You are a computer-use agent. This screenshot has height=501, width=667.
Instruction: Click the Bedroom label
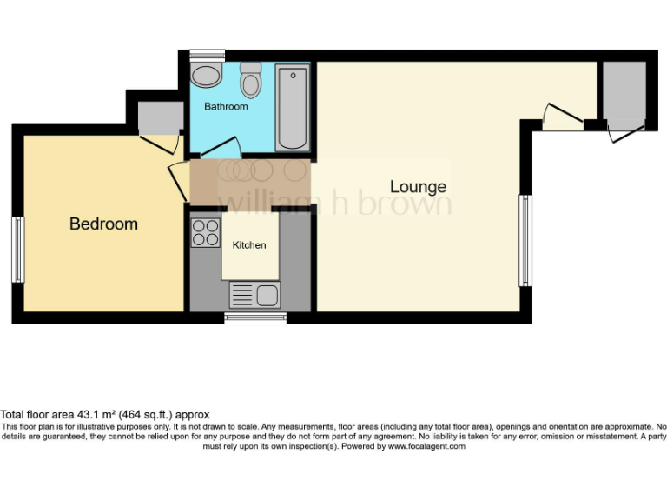103,224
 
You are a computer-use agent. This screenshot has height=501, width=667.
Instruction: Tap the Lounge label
418,187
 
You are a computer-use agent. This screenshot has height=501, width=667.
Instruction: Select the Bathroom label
226,107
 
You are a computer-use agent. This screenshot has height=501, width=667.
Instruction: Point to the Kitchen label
249,245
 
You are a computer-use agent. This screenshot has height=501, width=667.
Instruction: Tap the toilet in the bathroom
251,81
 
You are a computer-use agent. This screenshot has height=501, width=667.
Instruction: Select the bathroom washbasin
206,76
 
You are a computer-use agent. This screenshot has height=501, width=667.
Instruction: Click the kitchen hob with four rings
206,232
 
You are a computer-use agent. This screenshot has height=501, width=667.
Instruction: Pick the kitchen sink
255,296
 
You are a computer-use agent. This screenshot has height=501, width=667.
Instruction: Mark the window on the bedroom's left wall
17,250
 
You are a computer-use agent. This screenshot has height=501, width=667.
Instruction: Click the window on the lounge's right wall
525,241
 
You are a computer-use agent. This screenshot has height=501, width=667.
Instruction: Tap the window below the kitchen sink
255,317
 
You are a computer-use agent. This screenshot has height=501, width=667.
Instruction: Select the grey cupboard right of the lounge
624,91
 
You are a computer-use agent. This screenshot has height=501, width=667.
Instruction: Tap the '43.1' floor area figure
89,415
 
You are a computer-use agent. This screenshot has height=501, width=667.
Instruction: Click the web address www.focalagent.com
426,446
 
